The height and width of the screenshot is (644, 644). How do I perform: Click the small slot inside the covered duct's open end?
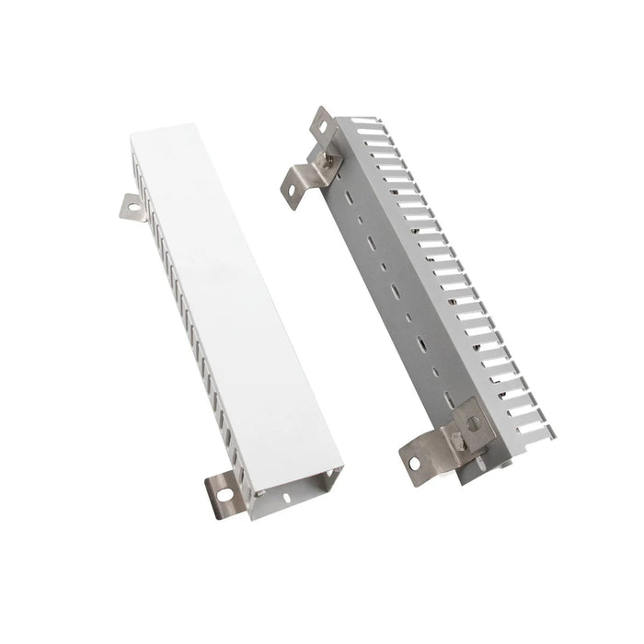pos(287,498)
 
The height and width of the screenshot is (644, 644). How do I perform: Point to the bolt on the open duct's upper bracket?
pos(328,165)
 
